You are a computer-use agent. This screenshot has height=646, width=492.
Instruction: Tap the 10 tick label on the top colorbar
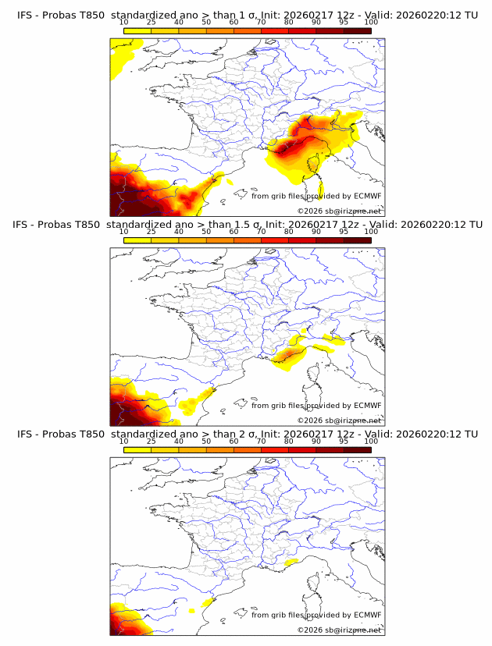(x=123, y=23)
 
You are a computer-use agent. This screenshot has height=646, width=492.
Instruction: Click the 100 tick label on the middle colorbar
(x=371, y=232)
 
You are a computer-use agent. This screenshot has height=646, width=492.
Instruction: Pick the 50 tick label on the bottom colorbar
(x=206, y=442)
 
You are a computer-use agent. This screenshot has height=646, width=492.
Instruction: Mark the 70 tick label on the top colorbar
(x=261, y=23)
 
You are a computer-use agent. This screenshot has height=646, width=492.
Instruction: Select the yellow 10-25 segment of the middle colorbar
(x=137, y=240)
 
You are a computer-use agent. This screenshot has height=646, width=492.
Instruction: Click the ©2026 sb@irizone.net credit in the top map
(x=339, y=211)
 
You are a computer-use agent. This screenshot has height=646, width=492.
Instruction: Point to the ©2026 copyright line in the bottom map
(x=339, y=630)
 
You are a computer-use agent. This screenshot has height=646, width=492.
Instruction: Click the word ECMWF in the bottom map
(x=367, y=615)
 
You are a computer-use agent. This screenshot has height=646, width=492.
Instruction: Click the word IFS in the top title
(x=27, y=15)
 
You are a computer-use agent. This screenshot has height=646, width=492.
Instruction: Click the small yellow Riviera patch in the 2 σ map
(x=291, y=562)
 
